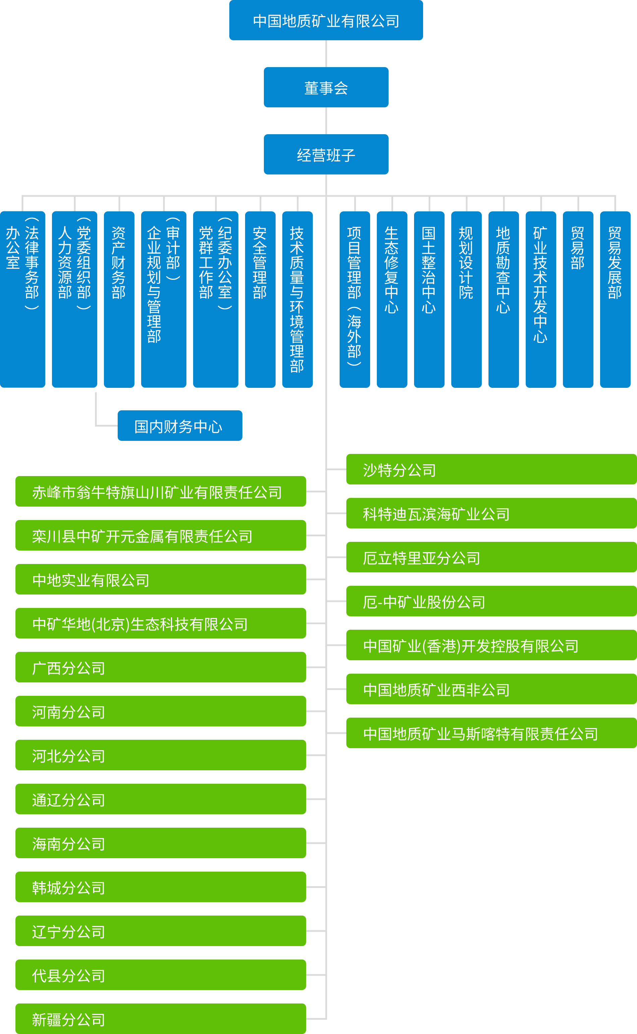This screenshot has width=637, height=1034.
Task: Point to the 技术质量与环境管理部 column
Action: click(297, 299)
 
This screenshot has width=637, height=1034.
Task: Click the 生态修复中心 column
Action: click(392, 299)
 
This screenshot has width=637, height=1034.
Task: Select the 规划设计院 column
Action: click(466, 299)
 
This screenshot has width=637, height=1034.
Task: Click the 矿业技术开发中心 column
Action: click(540, 299)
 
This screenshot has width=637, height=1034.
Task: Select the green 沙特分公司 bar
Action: click(491, 469)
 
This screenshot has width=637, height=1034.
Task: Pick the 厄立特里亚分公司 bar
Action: click(491, 557)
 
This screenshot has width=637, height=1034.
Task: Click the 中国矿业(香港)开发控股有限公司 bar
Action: click(491, 645)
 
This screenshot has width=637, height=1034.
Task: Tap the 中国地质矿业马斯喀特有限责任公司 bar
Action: click(491, 733)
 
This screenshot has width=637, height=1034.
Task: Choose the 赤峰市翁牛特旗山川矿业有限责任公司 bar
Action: click(161, 492)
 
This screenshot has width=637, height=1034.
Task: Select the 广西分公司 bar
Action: click(161, 667)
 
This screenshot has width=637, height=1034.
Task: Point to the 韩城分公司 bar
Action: click(161, 887)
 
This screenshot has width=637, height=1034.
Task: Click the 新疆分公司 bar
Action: click(161, 1019)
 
